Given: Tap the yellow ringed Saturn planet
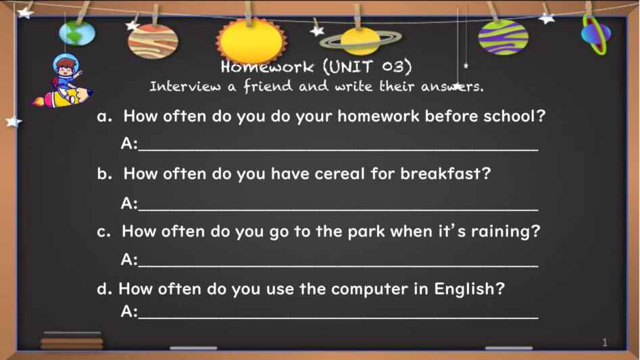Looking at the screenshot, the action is point(360,41).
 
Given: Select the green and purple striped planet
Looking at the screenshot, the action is point(503,37).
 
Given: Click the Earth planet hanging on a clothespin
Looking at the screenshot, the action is point(77,32).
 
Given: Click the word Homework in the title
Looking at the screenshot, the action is point(268,66).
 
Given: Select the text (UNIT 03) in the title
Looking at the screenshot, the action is point(368,66).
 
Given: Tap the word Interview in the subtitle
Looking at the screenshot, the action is point(185,86).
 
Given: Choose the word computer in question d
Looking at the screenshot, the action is point(370,290).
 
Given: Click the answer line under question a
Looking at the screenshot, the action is point(339,150).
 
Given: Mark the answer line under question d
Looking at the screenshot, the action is point(339,317).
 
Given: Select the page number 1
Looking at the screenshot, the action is point(604,342).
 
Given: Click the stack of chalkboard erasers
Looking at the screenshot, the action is point(72,340).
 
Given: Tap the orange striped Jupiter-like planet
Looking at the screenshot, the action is point(153,41).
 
